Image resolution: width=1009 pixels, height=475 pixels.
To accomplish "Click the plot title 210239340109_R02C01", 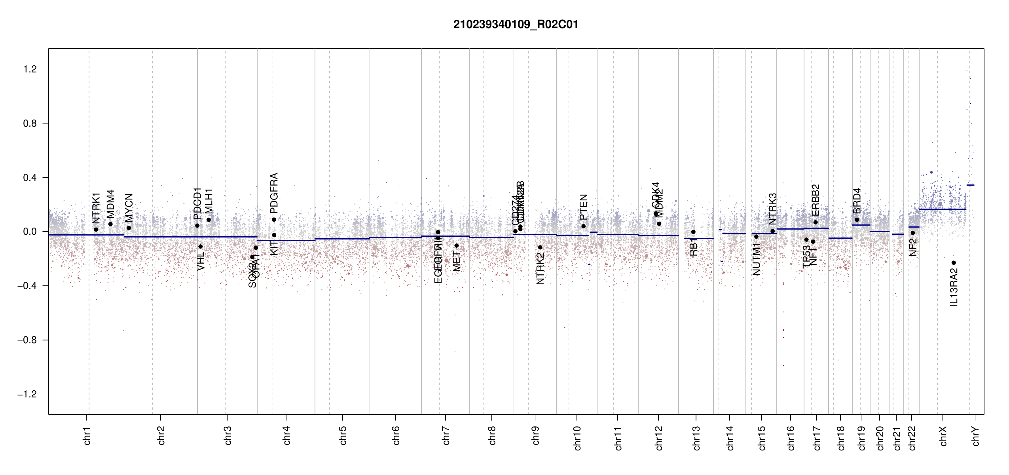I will point(516,25).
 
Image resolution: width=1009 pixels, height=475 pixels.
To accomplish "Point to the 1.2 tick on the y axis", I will point(30,69).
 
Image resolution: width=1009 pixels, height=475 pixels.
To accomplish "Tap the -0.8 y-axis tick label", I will point(27,340).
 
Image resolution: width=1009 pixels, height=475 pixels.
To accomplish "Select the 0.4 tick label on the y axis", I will point(30,178).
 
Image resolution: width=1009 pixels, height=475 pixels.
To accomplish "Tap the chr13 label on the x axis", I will point(696,438).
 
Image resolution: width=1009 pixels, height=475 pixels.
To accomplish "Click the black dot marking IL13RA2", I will point(954,263).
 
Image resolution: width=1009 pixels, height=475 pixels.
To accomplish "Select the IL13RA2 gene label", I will point(954,287).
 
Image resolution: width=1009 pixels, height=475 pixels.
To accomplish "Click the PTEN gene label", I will point(583,207).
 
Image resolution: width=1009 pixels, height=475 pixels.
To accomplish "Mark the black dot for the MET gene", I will point(457,246).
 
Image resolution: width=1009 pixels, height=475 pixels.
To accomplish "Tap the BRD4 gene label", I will point(857,201).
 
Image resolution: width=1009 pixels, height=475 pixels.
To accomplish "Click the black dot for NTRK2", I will point(540,247).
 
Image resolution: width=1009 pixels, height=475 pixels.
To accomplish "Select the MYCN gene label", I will point(129,208).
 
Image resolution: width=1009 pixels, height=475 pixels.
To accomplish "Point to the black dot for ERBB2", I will point(816,222).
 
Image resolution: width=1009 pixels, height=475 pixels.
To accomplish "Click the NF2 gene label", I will point(913,247).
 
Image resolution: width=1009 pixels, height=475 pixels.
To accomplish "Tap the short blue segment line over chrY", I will point(970,185).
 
